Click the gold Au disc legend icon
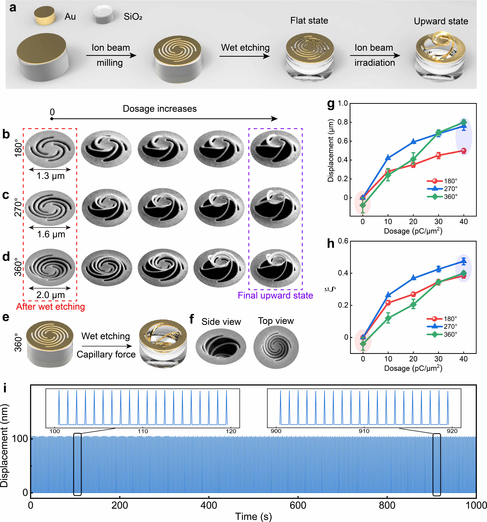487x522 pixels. click(45, 16)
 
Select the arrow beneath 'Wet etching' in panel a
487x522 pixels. click(245, 56)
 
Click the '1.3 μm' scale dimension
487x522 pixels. click(50, 176)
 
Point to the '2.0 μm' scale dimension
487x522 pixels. click(50, 295)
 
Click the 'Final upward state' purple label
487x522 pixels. click(275, 295)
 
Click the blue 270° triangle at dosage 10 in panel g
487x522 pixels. click(388, 158)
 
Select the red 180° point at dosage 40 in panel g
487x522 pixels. click(464, 151)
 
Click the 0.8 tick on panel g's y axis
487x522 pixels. click(343, 122)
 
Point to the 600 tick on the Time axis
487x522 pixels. click(298, 505)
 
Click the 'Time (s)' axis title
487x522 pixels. click(253, 516)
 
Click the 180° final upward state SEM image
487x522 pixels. click(275, 149)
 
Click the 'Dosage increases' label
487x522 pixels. click(160, 109)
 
